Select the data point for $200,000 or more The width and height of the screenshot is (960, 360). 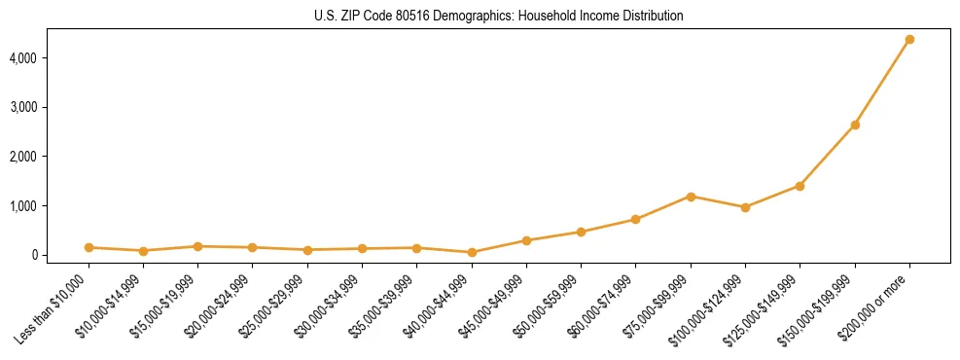coord(909,40)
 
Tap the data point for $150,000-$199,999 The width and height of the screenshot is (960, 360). coord(855,125)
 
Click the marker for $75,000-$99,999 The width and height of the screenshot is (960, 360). coord(691,197)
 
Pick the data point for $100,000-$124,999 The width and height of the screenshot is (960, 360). coord(745,207)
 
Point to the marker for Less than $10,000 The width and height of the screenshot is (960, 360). coord(89,247)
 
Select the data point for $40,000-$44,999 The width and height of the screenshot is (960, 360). coord(472,252)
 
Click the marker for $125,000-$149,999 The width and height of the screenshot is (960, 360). coord(800,186)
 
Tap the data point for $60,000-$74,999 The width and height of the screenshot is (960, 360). coord(635,219)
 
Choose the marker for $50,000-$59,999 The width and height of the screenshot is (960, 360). coord(581,232)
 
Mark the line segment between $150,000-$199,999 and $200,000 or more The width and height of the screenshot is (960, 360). coord(882,83)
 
